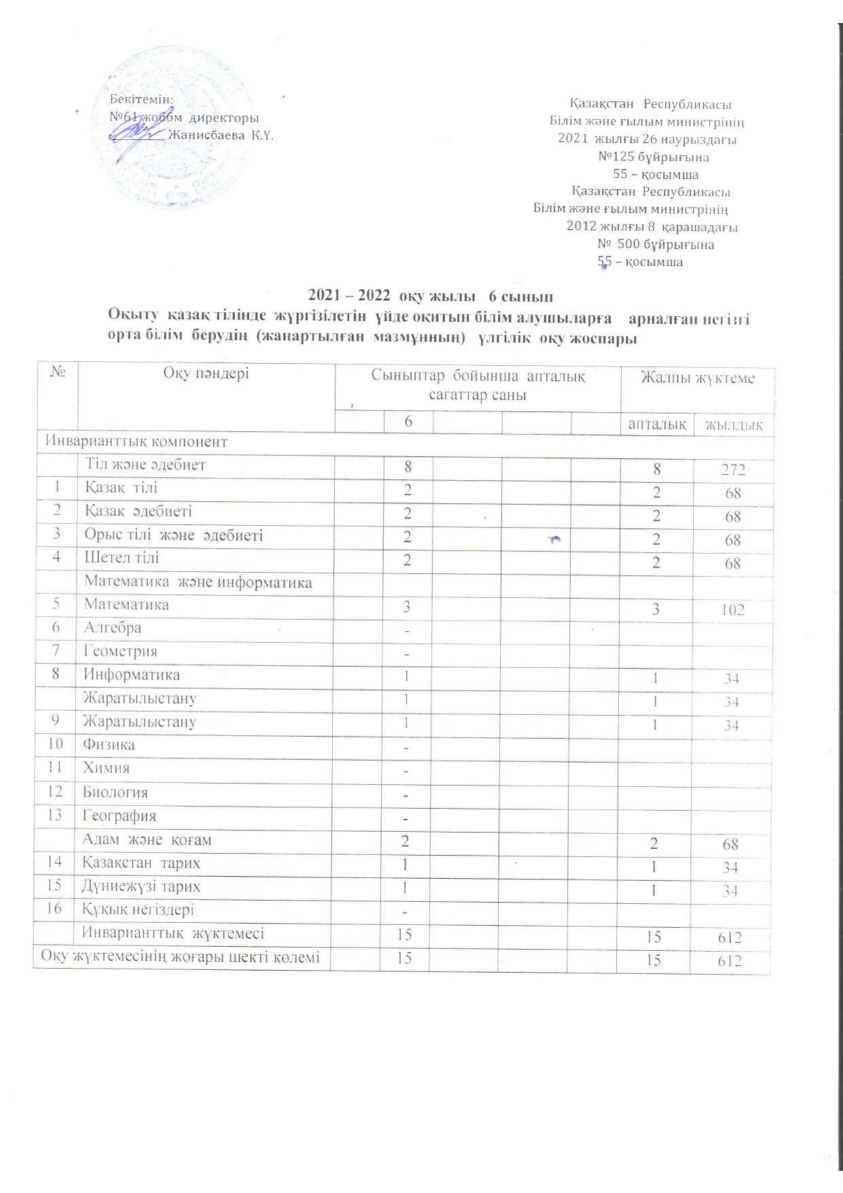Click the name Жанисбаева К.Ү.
point(220,135)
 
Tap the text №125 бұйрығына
point(653,157)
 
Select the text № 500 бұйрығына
point(655,244)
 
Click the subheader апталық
point(657,424)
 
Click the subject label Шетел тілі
point(122,558)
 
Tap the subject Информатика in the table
point(132,674)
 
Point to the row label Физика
point(109,744)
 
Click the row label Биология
point(116,792)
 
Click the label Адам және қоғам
point(147,840)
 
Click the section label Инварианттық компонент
point(136,441)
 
